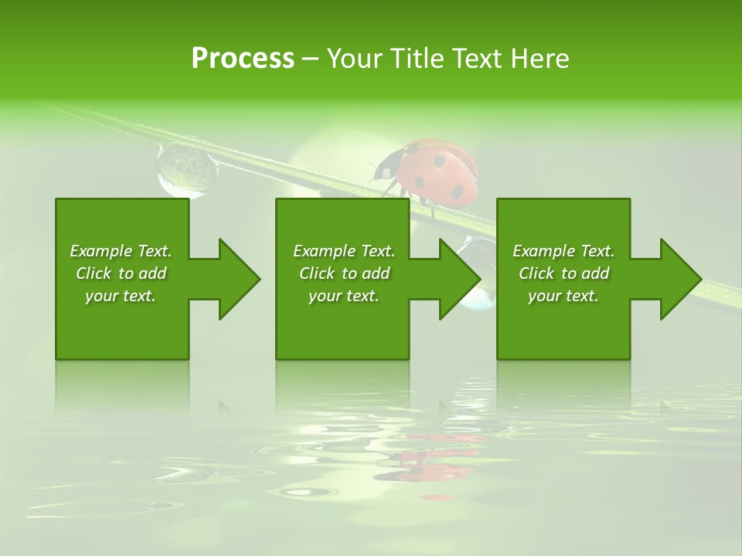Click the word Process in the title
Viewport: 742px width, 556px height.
click(243, 59)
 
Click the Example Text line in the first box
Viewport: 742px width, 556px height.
click(121, 251)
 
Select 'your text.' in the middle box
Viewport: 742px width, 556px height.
click(343, 296)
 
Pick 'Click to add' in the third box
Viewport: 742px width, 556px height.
click(563, 273)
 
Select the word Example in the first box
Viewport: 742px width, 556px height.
click(101, 251)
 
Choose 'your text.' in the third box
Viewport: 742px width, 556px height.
click(563, 296)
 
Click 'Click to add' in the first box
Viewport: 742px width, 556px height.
click(121, 273)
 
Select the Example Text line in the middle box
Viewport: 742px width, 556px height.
click(343, 251)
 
